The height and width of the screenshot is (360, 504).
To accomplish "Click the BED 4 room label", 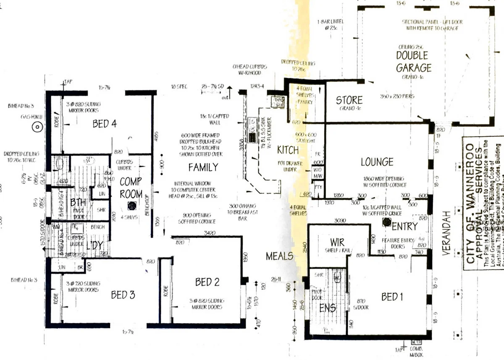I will coord(104,124).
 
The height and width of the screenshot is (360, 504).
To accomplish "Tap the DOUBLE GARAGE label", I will coord(413,61).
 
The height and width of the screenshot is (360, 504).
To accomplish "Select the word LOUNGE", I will coord(377,162).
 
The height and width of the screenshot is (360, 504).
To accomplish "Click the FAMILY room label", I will coord(203,168).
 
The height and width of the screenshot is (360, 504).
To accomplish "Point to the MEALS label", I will coord(279,256).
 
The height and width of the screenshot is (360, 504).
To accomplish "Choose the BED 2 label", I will coord(207,282).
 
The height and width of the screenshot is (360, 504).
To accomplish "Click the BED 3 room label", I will coord(123,295).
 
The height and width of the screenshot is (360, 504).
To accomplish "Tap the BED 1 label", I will coord(392,297).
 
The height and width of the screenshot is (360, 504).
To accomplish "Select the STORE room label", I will coord(349,100).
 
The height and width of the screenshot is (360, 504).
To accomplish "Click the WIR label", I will coord(337,242).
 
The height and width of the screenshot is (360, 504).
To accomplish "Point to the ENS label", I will coord(328,308).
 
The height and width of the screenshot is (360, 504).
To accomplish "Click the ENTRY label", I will coord(404,227).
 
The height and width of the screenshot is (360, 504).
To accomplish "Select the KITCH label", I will coord(288,150).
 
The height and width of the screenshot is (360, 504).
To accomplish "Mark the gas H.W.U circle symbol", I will coord(37,126).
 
